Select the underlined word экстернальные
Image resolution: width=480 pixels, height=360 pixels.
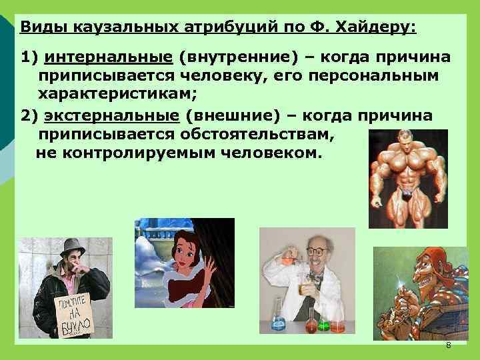112,115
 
